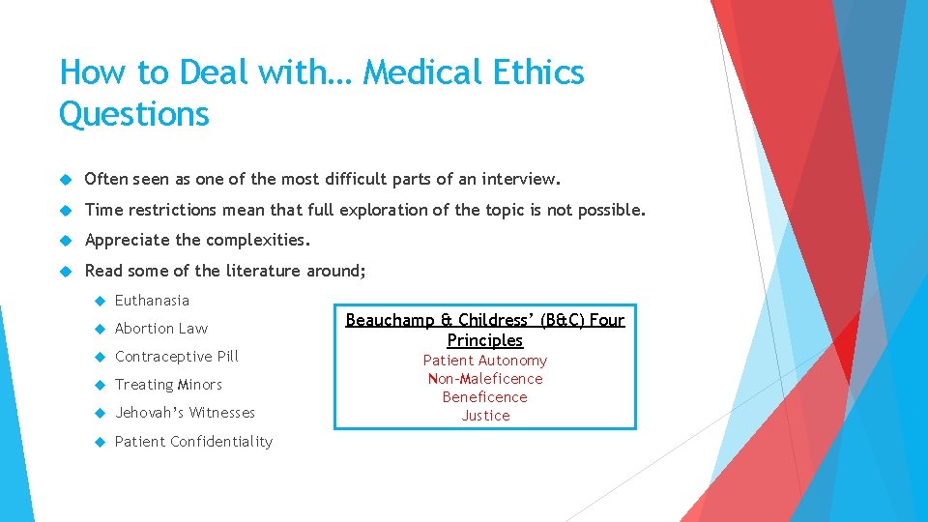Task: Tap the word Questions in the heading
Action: point(134,114)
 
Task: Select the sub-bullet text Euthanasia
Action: point(152,301)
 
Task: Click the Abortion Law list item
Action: point(161,329)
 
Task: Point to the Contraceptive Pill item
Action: point(176,357)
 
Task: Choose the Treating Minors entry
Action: point(168,385)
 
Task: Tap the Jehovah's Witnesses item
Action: point(185,413)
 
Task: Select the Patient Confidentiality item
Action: point(193,442)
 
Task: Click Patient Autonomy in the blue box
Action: point(485,361)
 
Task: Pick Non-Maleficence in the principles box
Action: point(485,379)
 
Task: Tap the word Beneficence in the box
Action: point(485,397)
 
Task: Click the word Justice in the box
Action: point(485,416)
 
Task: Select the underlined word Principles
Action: point(485,340)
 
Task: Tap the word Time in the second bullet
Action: point(102,210)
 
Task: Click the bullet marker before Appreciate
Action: point(67,241)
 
